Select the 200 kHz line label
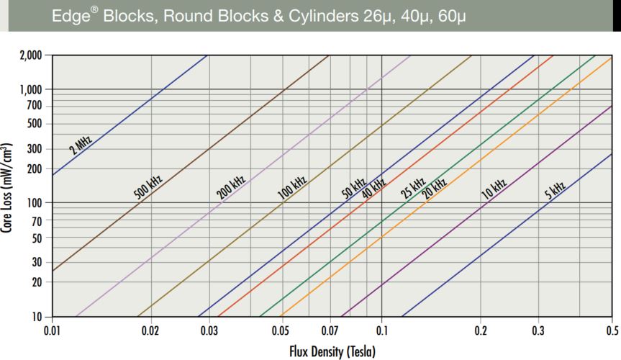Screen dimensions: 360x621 click(x=232, y=185)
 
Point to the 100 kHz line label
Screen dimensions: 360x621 click(x=293, y=186)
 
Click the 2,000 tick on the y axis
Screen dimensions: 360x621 click(x=31, y=55)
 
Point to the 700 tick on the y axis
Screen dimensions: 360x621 click(x=35, y=107)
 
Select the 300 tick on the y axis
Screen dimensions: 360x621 click(x=35, y=149)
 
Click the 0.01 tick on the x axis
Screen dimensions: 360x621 click(x=51, y=330)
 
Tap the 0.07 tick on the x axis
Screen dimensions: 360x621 click(x=330, y=330)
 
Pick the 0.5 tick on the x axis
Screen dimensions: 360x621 click(x=611, y=330)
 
